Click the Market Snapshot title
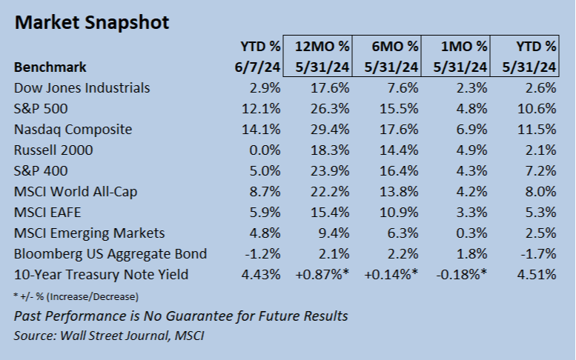[91, 22]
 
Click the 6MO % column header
[388, 56]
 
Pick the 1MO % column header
[455, 56]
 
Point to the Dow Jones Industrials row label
[82, 87]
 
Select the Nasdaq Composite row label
[73, 129]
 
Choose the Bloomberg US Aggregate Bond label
[110, 253]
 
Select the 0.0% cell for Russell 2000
[265, 150]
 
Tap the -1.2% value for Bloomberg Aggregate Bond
[263, 253]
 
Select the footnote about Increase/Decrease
[76, 296]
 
